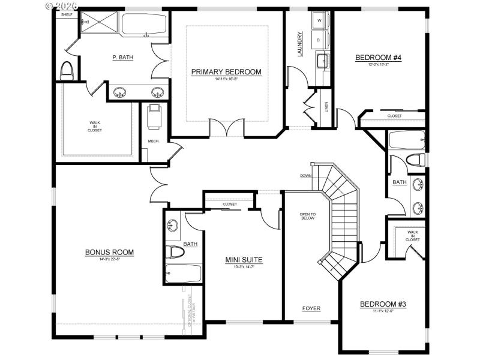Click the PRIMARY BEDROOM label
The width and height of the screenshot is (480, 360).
(226, 72)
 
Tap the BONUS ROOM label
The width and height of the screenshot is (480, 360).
(109, 252)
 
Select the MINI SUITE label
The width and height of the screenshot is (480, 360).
(244, 260)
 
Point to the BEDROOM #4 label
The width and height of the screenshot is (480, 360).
(378, 58)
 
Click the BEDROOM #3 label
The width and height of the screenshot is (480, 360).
(383, 304)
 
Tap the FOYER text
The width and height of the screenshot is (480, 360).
(311, 308)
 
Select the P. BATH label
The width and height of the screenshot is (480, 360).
(122, 58)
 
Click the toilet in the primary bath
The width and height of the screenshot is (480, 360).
(67, 70)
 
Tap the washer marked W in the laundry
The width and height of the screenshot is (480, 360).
(319, 21)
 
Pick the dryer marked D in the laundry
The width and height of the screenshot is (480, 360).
(319, 40)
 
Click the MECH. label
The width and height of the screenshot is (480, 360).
(153, 142)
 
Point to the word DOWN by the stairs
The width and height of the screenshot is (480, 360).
(306, 176)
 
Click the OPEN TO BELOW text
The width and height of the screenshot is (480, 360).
(308, 216)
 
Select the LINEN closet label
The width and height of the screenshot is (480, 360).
(326, 107)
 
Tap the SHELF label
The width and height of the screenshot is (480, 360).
(67, 14)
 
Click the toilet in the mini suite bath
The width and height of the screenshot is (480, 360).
(174, 252)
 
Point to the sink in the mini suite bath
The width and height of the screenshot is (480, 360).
(172, 226)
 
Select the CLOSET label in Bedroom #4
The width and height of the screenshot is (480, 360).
(394, 116)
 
